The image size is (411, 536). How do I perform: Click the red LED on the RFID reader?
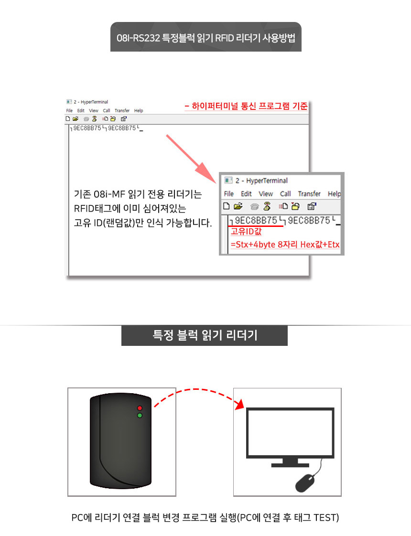(140, 408)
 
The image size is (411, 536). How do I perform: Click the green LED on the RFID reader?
(140, 415)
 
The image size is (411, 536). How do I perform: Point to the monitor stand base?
(290, 465)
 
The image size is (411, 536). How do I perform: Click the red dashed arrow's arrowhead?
(240, 404)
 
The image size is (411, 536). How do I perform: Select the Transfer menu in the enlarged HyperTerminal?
(309, 194)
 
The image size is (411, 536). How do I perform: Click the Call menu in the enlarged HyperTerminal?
(285, 194)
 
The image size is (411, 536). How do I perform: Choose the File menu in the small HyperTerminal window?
(69, 111)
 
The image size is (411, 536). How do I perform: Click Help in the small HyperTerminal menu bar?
(139, 111)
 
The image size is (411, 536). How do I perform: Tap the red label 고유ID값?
(246, 232)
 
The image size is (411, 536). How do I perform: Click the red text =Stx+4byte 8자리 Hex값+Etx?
(285, 245)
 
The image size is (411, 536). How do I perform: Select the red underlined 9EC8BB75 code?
(256, 221)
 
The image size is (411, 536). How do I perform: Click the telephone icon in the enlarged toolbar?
(254, 206)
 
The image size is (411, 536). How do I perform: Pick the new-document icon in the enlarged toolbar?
(227, 206)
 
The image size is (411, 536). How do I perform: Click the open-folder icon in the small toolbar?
(76, 119)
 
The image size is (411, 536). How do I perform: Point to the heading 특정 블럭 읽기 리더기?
(205, 335)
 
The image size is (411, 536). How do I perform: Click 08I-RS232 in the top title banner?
(138, 38)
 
